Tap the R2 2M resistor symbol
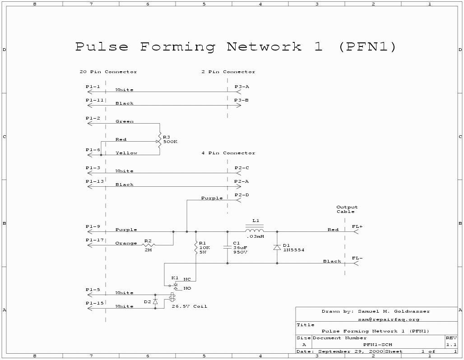pyautogui.click(x=148, y=245)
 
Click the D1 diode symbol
pyautogui.click(x=277, y=247)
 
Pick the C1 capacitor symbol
pyautogui.click(x=227, y=247)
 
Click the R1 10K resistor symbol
pyautogui.click(x=196, y=247)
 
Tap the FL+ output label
pyautogui.click(x=357, y=226)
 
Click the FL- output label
pyautogui.click(x=357, y=258)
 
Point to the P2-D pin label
pyautogui.click(x=241, y=195)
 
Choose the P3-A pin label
pyautogui.click(x=241, y=87)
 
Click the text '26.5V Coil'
pyautogui.click(x=189, y=306)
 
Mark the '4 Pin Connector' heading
pyautogui.click(x=228, y=153)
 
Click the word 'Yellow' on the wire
pyautogui.click(x=126, y=153)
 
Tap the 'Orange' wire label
pyautogui.click(x=126, y=243)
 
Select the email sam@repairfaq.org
pyautogui.click(x=389, y=319)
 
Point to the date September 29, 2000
pyautogui.click(x=351, y=351)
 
